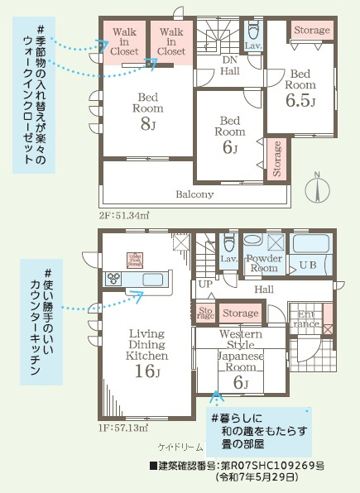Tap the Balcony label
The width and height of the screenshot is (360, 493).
(194, 194)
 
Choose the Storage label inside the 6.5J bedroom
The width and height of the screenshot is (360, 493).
(312, 31)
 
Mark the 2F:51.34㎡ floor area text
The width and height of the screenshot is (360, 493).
(123, 216)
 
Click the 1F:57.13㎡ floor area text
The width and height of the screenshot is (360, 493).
(123, 428)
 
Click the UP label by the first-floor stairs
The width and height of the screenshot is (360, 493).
(204, 284)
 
